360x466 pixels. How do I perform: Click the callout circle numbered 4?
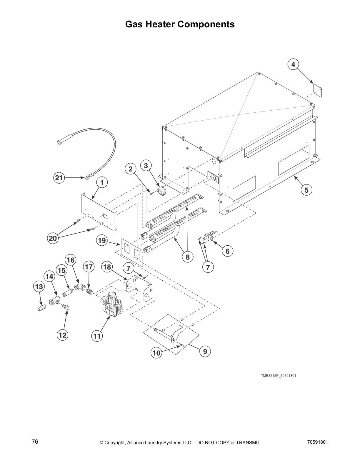[293, 64]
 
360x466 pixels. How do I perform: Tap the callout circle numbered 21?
[59, 178]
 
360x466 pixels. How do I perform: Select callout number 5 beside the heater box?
[306, 190]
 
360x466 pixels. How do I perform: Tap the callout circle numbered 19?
[102, 241]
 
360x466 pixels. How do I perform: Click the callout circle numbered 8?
[187, 257]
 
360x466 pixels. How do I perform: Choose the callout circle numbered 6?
[227, 251]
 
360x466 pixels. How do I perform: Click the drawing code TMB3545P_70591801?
[276, 376]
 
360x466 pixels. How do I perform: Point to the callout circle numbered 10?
[157, 352]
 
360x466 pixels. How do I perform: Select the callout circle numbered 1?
[102, 183]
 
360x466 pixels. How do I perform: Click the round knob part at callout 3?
[161, 192]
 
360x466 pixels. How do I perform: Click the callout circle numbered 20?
[53, 238]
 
